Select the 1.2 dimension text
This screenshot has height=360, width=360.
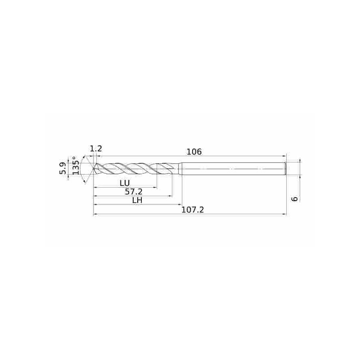pyautogui.click(x=96, y=148)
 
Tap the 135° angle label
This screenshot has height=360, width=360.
pyautogui.click(x=76, y=166)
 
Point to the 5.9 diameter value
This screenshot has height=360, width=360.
pyautogui.click(x=63, y=168)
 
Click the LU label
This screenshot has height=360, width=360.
pyautogui.click(x=125, y=183)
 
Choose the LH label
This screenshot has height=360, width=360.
pyautogui.click(x=137, y=200)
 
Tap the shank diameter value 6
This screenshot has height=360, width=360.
pyautogui.click(x=295, y=198)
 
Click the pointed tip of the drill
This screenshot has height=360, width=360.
pyautogui.click(x=94, y=169)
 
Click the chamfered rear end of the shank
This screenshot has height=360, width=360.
pyautogui.click(x=285, y=169)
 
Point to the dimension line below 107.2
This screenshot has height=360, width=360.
pyautogui.click(x=189, y=215)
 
